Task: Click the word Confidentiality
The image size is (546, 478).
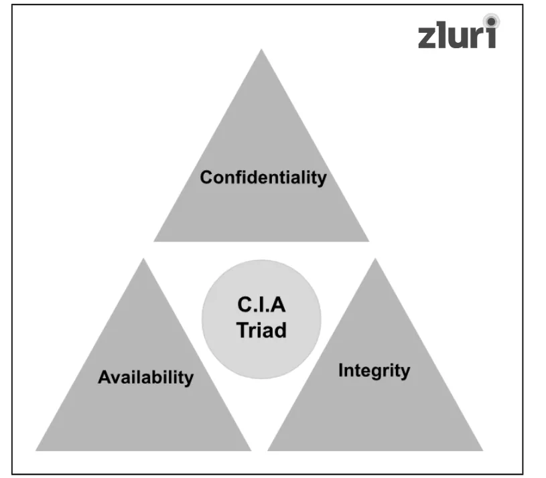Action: tap(263, 177)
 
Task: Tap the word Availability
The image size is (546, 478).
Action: tap(145, 377)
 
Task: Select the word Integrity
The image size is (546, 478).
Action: tap(374, 370)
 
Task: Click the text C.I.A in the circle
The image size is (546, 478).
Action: tap(261, 305)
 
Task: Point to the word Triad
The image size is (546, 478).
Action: tap(261, 329)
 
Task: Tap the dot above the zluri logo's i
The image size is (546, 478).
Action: tap(492, 20)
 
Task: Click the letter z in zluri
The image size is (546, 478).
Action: tap(428, 37)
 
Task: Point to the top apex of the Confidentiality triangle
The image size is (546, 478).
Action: tap(261, 50)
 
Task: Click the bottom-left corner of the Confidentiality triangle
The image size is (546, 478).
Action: tap(154, 240)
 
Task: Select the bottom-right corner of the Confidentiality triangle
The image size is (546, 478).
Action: tap(368, 240)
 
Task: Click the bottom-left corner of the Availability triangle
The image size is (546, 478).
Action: tap(36, 450)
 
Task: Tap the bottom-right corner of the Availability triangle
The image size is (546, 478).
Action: tap(251, 450)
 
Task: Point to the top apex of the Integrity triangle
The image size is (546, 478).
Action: tap(375, 259)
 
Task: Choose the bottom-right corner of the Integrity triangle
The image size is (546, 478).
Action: tap(482, 450)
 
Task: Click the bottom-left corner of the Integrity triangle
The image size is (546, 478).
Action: tap(268, 450)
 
